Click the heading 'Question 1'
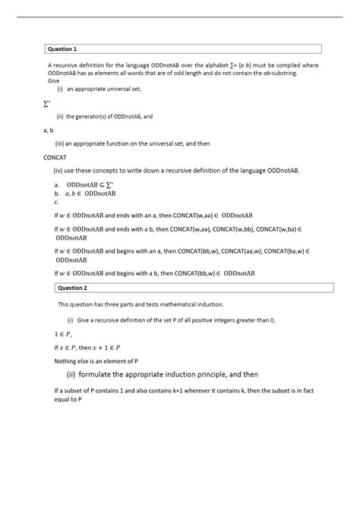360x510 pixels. coord(63,49)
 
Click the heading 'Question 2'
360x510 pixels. coord(73,288)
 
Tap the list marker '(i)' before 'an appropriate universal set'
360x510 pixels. coord(60,89)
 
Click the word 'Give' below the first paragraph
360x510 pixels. coord(53,80)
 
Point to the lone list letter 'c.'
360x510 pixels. coord(56,202)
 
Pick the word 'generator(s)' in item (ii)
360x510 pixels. coord(92,116)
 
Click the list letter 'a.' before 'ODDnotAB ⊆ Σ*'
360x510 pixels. coord(56,184)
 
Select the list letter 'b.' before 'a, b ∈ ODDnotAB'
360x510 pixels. coord(56,193)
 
